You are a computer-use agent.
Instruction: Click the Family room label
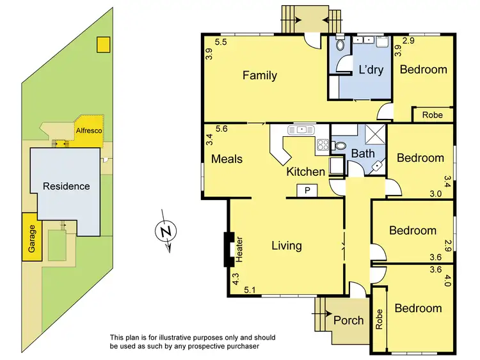click(259, 75)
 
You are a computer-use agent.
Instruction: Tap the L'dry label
click(370, 69)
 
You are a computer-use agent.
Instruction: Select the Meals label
click(227, 158)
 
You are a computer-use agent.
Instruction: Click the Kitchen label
click(306, 171)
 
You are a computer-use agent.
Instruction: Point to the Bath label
click(362, 153)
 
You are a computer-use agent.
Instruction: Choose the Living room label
click(286, 245)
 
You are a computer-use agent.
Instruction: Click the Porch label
click(349, 320)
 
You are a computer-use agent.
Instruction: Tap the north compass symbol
click(166, 231)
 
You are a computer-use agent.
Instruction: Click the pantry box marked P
click(307, 190)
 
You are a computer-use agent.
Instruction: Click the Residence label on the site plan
click(66, 186)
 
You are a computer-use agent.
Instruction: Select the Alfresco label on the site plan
click(90, 130)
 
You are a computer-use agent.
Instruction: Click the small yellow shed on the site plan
click(102, 44)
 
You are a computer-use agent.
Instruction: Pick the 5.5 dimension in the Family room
click(221, 43)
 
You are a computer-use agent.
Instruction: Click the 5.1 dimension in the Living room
click(251, 290)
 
